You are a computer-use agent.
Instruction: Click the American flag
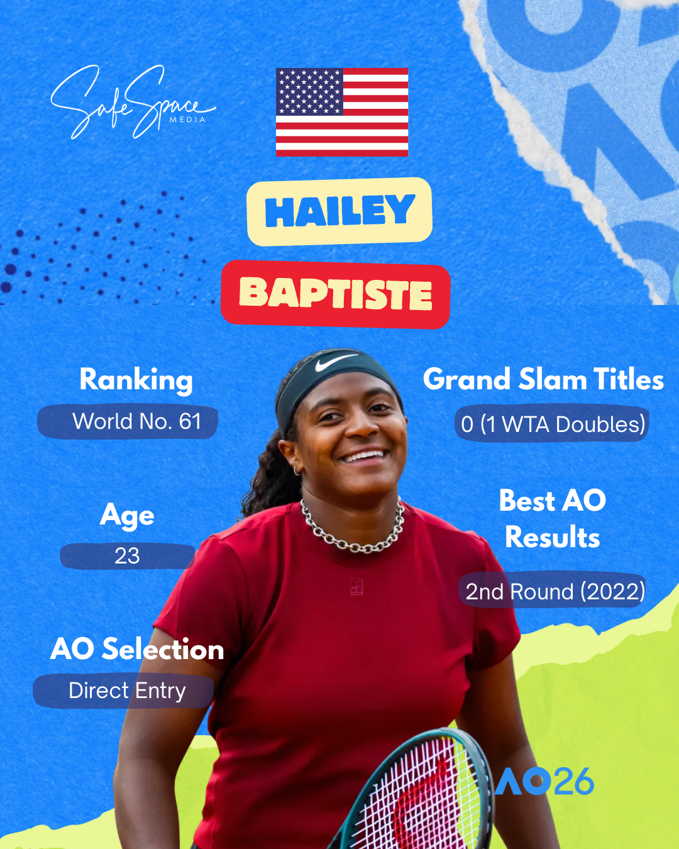342,112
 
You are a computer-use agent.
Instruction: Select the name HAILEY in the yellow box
339,211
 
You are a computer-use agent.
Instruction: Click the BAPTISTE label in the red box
336,294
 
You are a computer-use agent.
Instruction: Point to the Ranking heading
136,380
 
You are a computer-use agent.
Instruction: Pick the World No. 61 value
136,421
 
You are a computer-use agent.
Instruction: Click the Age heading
127,516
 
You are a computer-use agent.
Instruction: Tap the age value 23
127,556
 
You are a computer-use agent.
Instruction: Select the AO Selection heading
137,649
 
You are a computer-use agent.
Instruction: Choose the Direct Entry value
127,691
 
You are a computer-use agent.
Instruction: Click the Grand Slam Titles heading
543,379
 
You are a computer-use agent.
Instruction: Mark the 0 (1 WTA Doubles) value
553,425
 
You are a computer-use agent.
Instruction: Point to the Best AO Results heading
552,519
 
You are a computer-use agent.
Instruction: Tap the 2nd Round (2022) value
555,592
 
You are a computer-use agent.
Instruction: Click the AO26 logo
544,782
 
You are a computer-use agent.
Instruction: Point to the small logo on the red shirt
356,587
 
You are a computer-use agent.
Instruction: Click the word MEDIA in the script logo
187,119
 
